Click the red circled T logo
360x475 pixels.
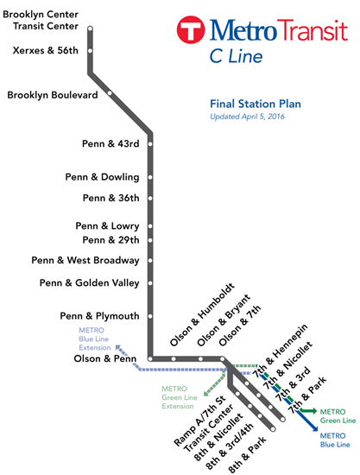coord(191,29)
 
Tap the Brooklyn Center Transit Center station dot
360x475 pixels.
coord(90,28)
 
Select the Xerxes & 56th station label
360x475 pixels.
coord(46,50)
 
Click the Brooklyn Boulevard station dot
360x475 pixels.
coord(110,93)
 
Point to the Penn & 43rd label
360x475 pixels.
coord(111,143)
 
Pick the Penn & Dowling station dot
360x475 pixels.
coord(150,177)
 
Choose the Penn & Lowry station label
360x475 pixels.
coord(108,226)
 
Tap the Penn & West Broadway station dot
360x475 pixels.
coord(150,260)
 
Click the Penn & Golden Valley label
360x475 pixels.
coord(89,283)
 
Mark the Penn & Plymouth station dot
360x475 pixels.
coord(150,316)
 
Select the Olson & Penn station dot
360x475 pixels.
coord(150,359)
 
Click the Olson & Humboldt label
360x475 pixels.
coord(202,314)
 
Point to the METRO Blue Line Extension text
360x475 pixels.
coord(94,339)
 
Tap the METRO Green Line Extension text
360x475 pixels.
coord(180,397)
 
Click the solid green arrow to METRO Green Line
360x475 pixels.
coord(308,411)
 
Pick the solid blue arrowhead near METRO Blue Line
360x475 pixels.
coord(315,428)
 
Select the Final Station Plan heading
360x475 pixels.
coord(256,104)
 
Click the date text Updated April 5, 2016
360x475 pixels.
coord(248,117)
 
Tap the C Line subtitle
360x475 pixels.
coord(237,56)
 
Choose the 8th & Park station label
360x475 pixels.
coord(247,454)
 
